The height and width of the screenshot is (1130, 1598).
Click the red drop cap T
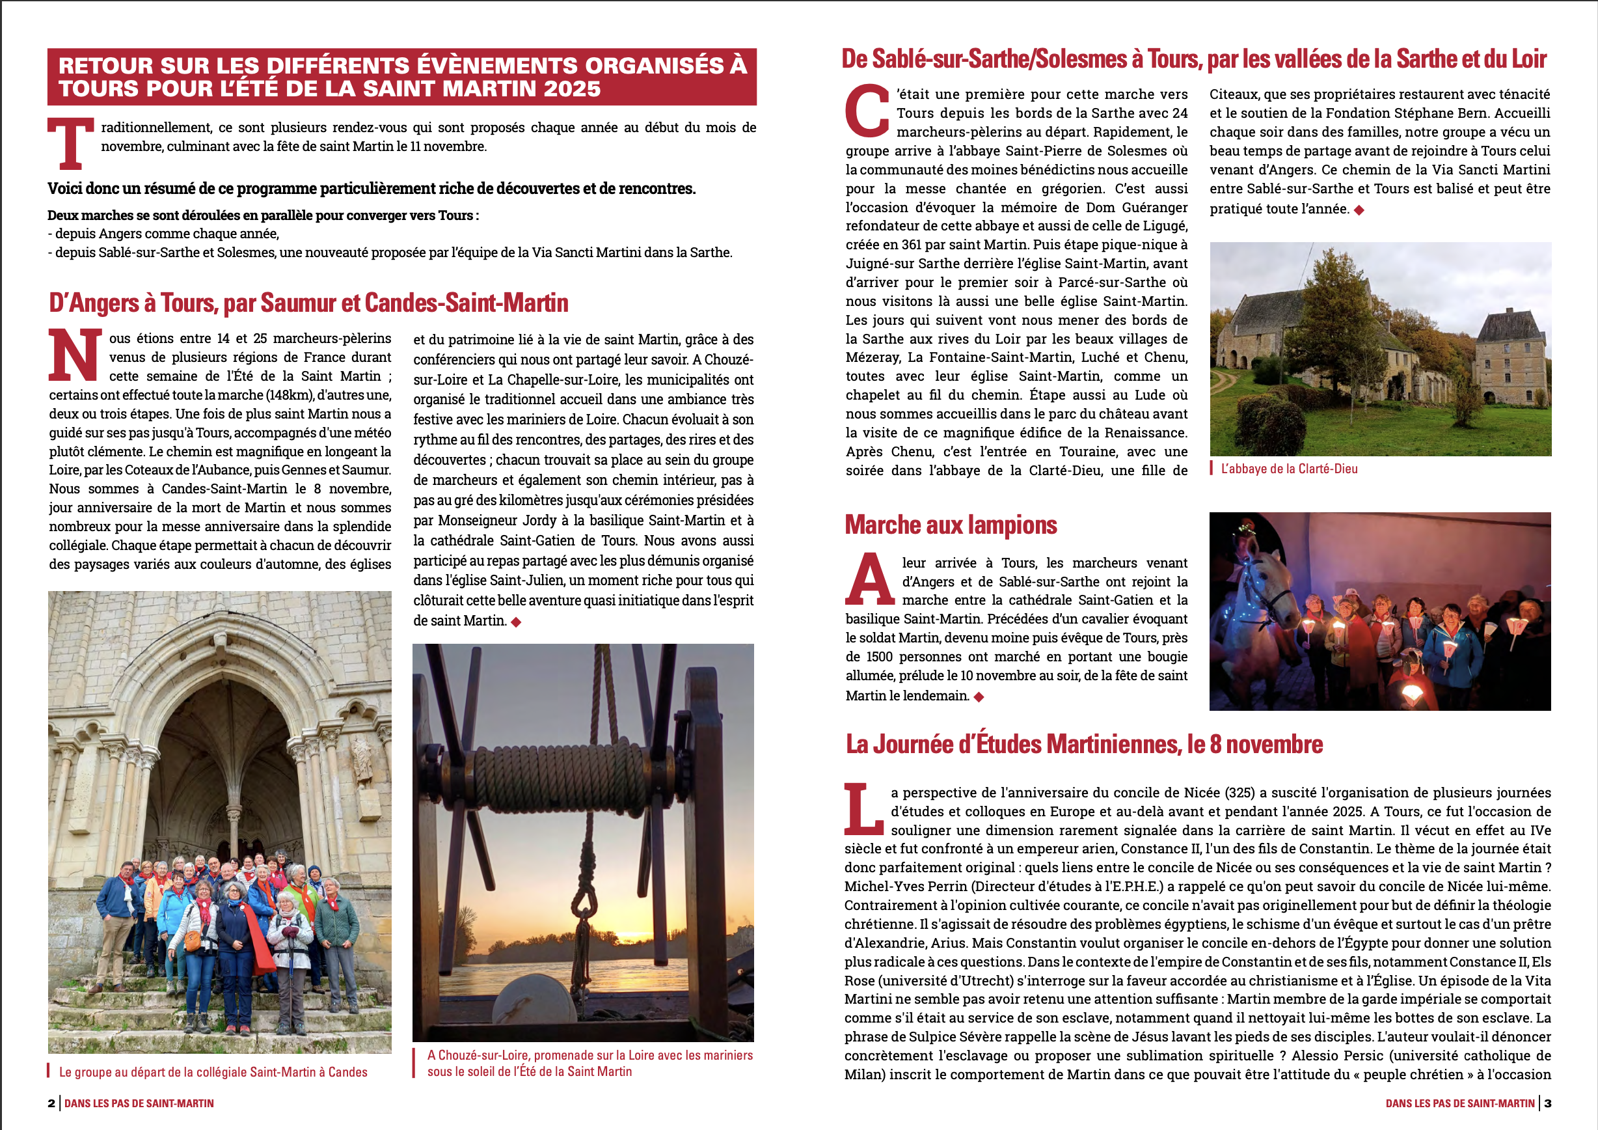click(x=70, y=143)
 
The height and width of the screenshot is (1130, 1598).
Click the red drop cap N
click(x=74, y=355)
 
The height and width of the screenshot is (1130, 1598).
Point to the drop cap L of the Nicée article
click(x=863, y=809)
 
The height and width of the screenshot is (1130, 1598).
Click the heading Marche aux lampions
click(x=951, y=525)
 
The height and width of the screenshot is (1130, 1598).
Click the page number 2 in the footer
click(x=51, y=1103)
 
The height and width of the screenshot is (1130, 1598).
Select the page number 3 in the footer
click(x=1548, y=1103)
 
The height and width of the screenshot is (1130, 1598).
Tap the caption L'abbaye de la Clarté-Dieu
click(x=1289, y=469)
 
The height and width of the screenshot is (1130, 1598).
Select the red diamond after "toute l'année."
click(x=1359, y=210)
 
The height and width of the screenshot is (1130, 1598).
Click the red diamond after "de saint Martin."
click(x=516, y=622)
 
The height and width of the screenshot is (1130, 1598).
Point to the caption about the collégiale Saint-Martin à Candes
click(x=213, y=1072)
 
